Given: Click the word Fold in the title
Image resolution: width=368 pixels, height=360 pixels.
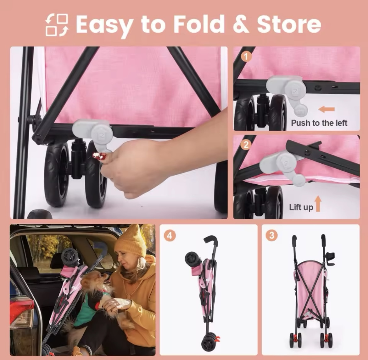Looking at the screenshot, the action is tap(199, 24).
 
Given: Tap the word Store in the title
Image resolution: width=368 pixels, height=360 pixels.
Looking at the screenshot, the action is tap(289, 25).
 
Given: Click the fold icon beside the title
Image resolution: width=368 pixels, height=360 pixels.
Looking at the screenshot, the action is tap(57, 25).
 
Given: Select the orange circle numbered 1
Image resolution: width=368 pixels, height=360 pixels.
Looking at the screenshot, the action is tap(246, 57).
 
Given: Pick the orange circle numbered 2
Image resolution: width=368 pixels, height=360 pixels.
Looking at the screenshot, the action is tap(246, 145).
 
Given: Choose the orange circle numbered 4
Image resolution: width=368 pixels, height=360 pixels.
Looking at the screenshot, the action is tap(170, 235).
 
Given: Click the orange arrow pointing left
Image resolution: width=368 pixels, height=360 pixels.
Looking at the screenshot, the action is tap(326, 109).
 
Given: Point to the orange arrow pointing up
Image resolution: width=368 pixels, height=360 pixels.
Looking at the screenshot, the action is tap(318, 204).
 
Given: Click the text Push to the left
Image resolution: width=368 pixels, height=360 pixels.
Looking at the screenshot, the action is tap(319, 123).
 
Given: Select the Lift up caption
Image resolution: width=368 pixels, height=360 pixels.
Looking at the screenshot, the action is tap(301, 207).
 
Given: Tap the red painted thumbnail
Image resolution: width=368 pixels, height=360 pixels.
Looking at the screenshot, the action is tap(99, 155).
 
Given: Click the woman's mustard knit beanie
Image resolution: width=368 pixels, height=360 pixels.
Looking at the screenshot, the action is tap(132, 241).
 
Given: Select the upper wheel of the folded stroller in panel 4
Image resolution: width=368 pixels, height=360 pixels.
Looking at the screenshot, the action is tap(192, 259).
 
